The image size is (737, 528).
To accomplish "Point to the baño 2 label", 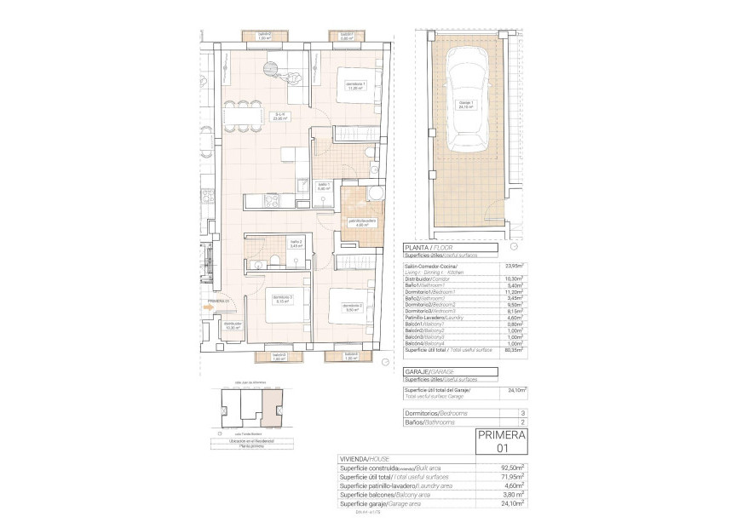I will [297, 244].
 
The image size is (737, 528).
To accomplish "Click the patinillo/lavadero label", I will [361, 222].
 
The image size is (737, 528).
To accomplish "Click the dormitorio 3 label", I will [283, 299].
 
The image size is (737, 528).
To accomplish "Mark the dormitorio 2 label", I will [354, 307].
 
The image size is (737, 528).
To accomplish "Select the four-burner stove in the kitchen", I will [273, 201].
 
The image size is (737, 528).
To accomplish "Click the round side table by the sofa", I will [271, 67].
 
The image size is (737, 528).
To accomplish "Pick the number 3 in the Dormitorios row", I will [521, 412].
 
